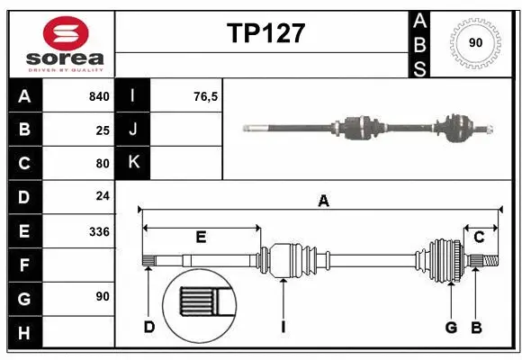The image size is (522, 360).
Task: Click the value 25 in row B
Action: tap(103, 130)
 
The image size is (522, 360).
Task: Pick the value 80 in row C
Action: tap(103, 164)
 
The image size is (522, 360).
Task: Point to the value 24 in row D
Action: tap(103, 197)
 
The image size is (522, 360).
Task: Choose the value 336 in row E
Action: tap(99, 231)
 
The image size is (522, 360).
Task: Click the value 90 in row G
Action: tap(103, 296)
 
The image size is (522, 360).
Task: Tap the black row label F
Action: tap(24, 265)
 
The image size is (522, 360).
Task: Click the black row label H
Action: tap(24, 332)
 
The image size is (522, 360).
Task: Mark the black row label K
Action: tap(134, 163)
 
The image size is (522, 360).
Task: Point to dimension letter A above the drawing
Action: tap(323, 202)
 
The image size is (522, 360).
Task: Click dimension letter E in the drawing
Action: tap(201, 237)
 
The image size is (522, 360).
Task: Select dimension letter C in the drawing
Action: tap(479, 237)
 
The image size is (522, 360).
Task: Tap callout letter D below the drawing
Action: tap(149, 327)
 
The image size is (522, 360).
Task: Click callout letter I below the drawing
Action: tap(283, 327)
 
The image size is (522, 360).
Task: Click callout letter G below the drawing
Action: tap(451, 327)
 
